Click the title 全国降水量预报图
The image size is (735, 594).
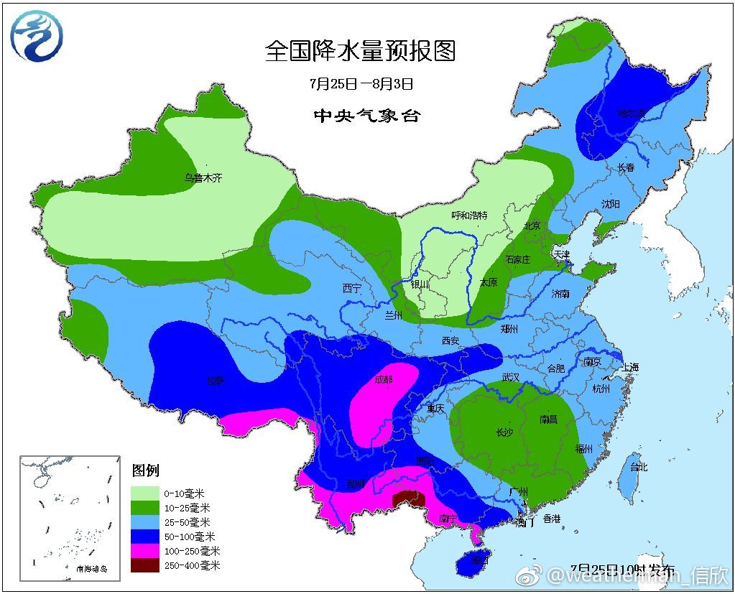pyautogui.click(x=361, y=51)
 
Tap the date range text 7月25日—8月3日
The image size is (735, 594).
pyautogui.click(x=361, y=84)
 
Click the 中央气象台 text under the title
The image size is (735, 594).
pyautogui.click(x=366, y=116)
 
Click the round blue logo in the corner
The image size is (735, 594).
pyautogui.click(x=37, y=36)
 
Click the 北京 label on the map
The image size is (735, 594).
pyautogui.click(x=532, y=226)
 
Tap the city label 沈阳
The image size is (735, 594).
pyautogui.click(x=610, y=204)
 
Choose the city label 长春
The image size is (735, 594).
pyautogui.click(x=626, y=167)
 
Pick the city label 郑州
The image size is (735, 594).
pyautogui.click(x=509, y=329)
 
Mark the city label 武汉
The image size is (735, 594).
pyautogui.click(x=510, y=376)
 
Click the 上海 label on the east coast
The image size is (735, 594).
pyautogui.click(x=630, y=367)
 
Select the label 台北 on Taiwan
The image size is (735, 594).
pyautogui.click(x=638, y=467)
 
